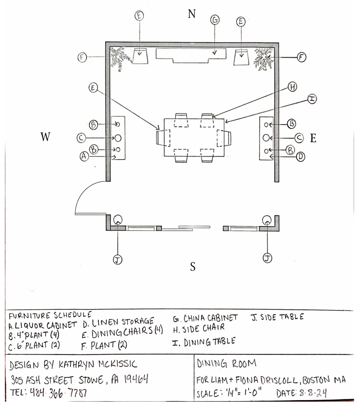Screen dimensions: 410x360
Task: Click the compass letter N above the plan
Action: coord(192,13)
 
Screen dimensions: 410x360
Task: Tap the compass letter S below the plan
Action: coord(193,267)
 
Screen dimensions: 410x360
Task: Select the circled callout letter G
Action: coord(214,20)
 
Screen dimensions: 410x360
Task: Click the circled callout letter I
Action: coord(311,99)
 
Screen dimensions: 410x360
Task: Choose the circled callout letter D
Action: coord(301,157)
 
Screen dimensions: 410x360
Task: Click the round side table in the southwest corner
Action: coord(118,220)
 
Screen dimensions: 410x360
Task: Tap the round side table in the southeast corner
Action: coord(267,220)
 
